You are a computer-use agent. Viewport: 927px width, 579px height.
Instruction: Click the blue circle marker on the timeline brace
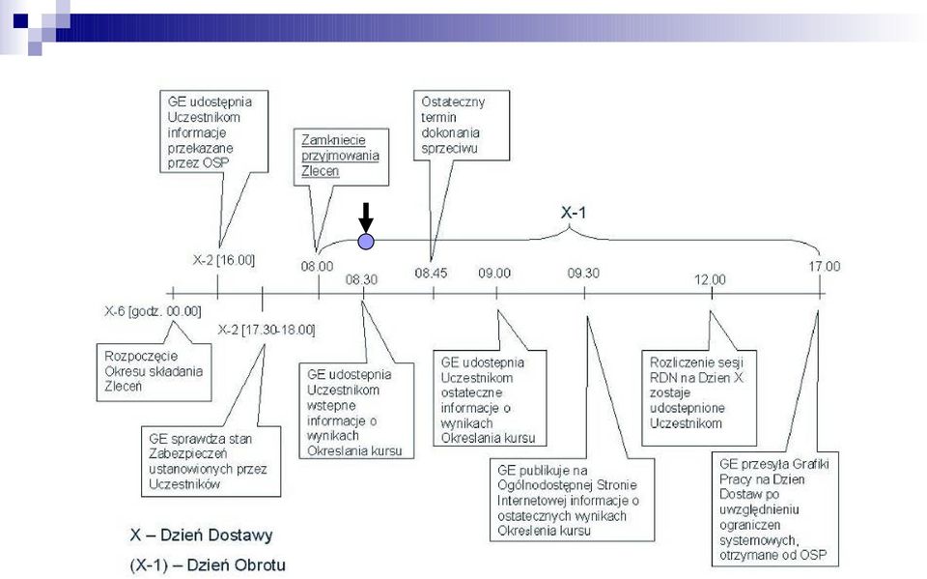pyautogui.click(x=366, y=242)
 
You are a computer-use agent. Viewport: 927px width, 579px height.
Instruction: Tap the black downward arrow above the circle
pyautogui.click(x=366, y=217)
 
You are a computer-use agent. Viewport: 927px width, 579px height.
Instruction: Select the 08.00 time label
pyautogui.click(x=317, y=267)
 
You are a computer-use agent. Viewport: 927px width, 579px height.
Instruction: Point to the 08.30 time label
pyautogui.click(x=361, y=279)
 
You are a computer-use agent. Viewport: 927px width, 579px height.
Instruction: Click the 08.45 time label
pyautogui.click(x=431, y=273)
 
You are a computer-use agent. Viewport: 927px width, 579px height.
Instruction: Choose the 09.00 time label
pyautogui.click(x=494, y=273)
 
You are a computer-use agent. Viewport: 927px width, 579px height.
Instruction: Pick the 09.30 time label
pyautogui.click(x=583, y=273)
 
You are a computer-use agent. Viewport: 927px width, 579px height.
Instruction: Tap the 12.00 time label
pyautogui.click(x=710, y=279)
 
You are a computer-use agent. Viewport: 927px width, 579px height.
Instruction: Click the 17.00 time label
pyautogui.click(x=824, y=267)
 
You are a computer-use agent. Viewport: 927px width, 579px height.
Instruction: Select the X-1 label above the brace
pyautogui.click(x=574, y=213)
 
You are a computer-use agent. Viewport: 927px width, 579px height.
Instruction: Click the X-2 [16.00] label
pyautogui.click(x=223, y=260)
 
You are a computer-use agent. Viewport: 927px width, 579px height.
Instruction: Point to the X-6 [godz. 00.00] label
pyautogui.click(x=153, y=311)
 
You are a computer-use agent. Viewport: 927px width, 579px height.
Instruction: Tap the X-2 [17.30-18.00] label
pyautogui.click(x=267, y=330)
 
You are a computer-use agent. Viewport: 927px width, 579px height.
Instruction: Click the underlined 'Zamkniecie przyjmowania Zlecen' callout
pyautogui.click(x=341, y=157)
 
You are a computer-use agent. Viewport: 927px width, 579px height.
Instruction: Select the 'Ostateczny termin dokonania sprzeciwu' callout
pyautogui.click(x=462, y=125)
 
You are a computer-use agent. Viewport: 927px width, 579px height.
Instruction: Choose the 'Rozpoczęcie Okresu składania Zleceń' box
pyautogui.click(x=154, y=372)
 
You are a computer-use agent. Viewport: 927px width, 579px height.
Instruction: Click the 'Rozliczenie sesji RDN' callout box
pyautogui.click(x=699, y=398)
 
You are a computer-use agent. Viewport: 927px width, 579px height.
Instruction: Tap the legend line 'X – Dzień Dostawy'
pyautogui.click(x=202, y=536)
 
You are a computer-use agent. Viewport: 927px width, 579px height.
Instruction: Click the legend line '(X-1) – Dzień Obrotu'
pyautogui.click(x=208, y=565)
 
